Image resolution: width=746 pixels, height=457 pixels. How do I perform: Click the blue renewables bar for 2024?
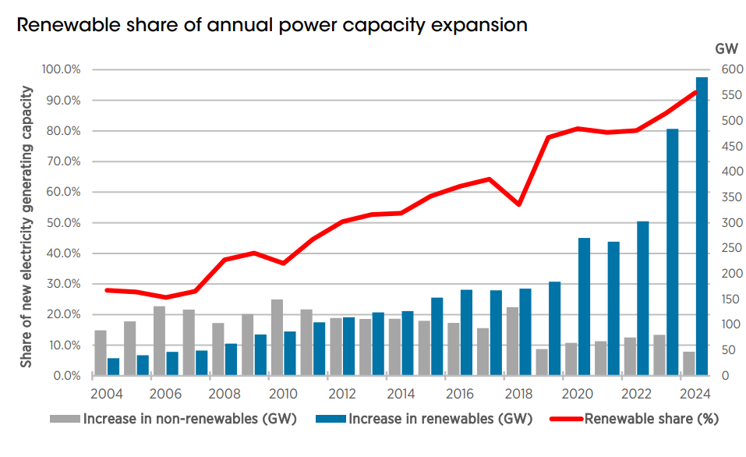pyautogui.click(x=702, y=226)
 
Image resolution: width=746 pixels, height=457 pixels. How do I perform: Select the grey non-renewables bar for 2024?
pyautogui.click(x=688, y=363)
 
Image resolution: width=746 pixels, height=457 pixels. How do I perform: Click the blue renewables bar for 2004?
pyautogui.click(x=114, y=367)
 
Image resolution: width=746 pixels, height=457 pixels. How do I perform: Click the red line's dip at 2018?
pyautogui.click(x=519, y=204)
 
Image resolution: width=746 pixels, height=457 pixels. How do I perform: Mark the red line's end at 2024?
pyautogui.click(x=696, y=92)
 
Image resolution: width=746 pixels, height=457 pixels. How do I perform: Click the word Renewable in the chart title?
pyautogui.click(x=62, y=25)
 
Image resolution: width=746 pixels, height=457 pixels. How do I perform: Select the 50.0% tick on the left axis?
pyautogui.click(x=62, y=223)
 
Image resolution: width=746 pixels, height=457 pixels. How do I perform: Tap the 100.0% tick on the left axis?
pyautogui.click(x=60, y=70)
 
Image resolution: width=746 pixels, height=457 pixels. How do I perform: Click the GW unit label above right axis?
pyautogui.click(x=725, y=48)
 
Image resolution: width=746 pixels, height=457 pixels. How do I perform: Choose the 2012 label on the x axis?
pyautogui.click(x=342, y=392)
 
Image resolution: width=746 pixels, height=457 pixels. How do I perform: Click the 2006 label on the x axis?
pyautogui.click(x=165, y=392)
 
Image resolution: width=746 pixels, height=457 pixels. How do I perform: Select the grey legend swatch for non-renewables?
pyautogui.click(x=65, y=419)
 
